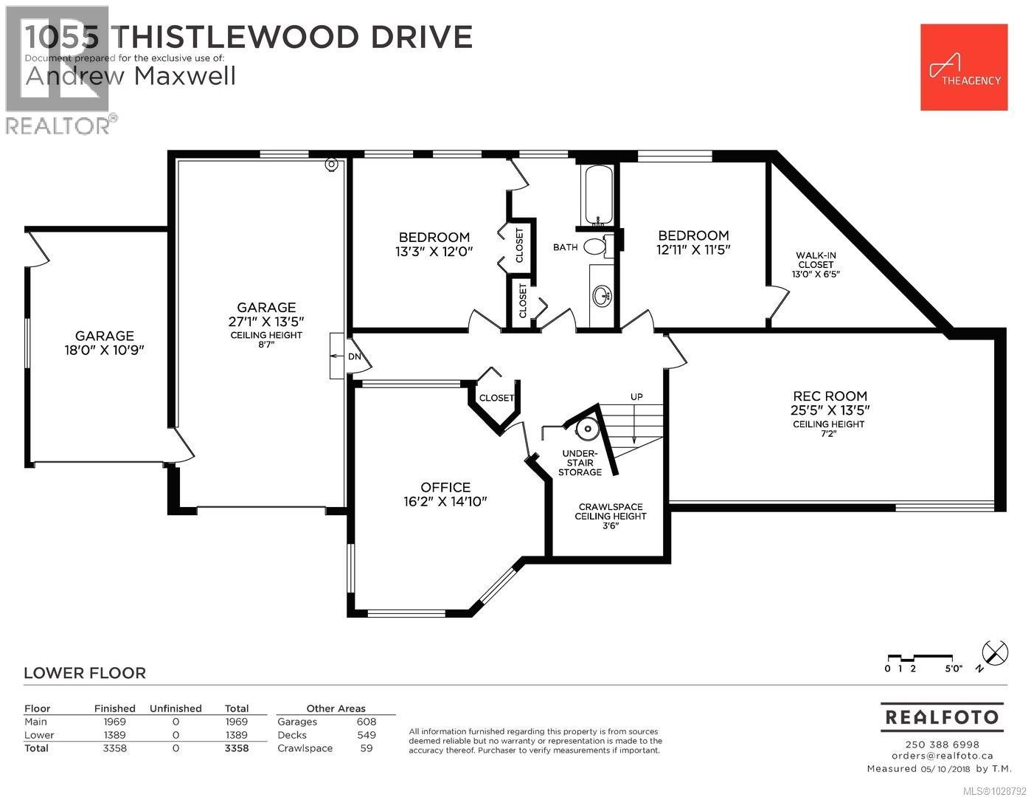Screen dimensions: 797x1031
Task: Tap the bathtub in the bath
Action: click(597, 196)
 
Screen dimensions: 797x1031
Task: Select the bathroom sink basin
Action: click(601, 297)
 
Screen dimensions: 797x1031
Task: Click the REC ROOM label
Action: click(830, 396)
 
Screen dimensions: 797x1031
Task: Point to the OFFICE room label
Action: click(445, 487)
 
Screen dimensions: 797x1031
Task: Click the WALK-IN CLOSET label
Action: click(815, 260)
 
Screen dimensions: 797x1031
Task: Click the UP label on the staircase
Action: click(636, 397)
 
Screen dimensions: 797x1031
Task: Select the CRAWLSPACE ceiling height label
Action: click(610, 516)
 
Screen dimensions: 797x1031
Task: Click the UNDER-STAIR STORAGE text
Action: click(580, 463)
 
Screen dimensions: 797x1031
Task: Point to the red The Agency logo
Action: click(964, 67)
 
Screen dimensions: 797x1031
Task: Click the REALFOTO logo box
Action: click(942, 717)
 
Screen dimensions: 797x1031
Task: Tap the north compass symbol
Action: click(995, 652)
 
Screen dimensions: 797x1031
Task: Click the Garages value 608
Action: click(366, 722)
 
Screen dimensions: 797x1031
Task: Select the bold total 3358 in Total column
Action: click(237, 748)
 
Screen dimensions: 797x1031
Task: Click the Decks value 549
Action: click(366, 735)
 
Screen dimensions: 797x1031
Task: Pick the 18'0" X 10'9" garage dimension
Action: click(104, 350)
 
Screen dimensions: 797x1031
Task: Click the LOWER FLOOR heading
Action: click(85, 673)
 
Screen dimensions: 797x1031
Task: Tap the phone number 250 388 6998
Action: click(942, 745)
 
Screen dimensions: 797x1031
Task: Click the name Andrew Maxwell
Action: click(131, 76)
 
